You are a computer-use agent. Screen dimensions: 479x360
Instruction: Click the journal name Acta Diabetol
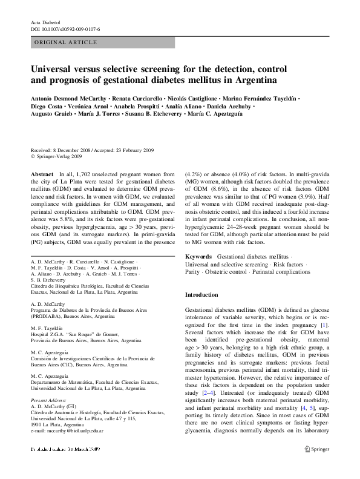[x=45, y=21]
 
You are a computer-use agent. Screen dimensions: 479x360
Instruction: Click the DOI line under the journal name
[x=65, y=28]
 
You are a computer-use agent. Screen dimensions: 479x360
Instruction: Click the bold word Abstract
[x=42, y=174]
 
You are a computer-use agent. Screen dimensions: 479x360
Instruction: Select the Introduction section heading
[x=201, y=295]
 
